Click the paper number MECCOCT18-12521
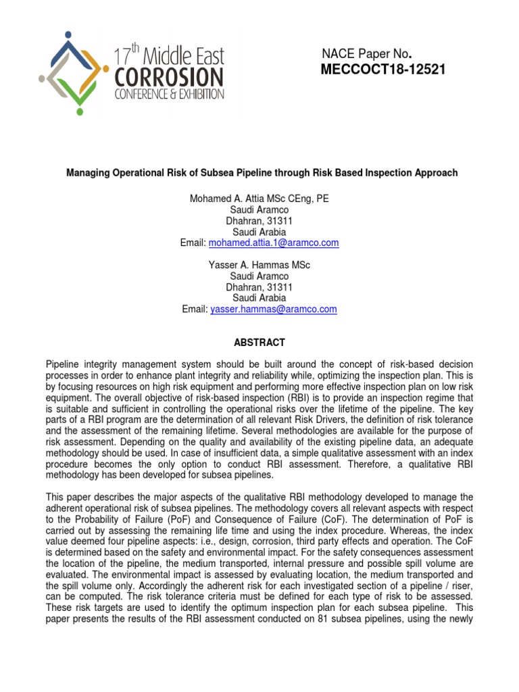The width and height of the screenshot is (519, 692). [x=384, y=70]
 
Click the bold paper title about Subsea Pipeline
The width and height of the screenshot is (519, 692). [x=262, y=173]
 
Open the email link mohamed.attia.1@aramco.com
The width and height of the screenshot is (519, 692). [x=274, y=243]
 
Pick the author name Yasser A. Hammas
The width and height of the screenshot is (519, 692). [x=241, y=265]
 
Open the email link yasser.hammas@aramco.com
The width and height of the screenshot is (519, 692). [x=273, y=309]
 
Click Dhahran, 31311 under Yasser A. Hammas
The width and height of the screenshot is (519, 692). [x=259, y=287]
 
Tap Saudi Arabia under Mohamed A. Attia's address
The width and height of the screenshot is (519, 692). [x=259, y=232]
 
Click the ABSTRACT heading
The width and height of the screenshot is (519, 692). [x=259, y=343]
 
